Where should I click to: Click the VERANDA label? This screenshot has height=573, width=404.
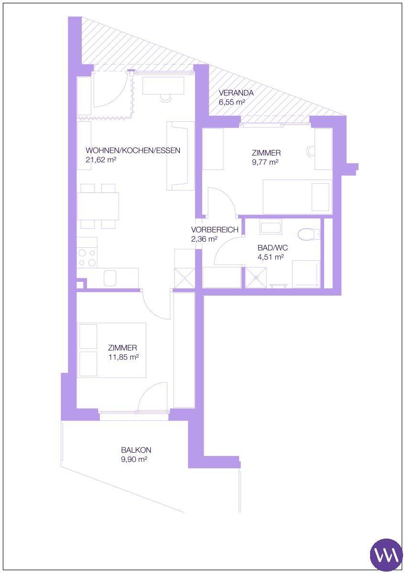coord(236,93)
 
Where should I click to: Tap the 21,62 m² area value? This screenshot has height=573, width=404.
coord(101,160)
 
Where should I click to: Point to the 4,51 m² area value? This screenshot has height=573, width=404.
coord(271,257)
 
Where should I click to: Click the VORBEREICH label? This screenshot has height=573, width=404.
coord(215,230)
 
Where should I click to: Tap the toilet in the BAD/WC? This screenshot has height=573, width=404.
coord(309,234)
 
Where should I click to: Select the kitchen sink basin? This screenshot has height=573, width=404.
coord(110,278)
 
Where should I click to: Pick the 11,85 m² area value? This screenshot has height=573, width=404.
coord(123,357)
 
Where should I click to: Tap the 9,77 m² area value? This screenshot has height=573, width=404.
coord(265,162)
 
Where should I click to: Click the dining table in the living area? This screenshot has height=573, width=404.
coord(98,206)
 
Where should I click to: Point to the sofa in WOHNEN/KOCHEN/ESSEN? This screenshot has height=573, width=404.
coord(180,156)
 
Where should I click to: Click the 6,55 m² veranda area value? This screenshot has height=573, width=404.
coord(232,102)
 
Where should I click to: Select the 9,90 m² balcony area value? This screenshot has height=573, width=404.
coord(134,459)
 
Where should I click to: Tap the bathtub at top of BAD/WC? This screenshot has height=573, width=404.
coord(271,226)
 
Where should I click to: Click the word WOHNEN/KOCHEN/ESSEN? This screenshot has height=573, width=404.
coord(133,150)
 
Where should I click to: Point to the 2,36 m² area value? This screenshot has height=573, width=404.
coord(204,239)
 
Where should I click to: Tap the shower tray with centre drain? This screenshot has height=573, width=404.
coord(256,277)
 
